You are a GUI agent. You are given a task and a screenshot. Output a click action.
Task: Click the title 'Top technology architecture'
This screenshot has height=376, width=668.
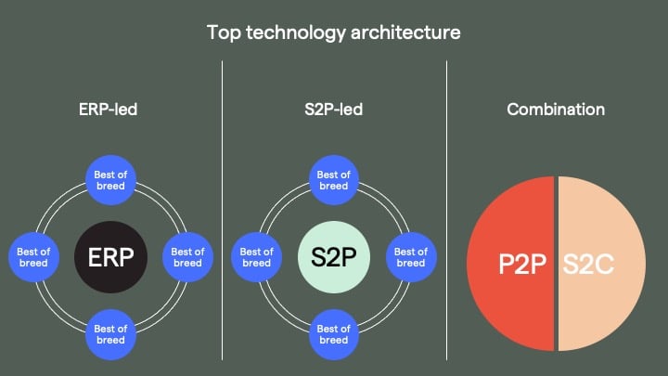334,32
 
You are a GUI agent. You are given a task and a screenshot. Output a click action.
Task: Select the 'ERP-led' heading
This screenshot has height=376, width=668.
109,110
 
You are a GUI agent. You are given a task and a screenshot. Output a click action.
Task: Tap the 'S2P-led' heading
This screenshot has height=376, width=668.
334,110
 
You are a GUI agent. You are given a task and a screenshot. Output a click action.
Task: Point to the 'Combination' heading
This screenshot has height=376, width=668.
556,110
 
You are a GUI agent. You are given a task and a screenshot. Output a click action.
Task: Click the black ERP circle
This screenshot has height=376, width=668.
110,257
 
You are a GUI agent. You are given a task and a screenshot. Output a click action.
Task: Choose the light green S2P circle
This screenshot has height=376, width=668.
334,257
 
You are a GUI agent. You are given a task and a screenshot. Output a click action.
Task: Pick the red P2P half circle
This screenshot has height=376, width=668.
510,264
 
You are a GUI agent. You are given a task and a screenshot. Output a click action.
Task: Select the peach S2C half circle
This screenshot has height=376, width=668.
601,264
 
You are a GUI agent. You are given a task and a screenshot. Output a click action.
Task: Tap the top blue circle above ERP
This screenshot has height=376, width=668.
110,180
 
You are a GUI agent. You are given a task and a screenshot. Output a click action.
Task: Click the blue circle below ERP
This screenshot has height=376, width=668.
110,334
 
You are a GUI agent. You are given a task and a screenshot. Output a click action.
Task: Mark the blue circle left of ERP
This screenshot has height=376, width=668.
33,257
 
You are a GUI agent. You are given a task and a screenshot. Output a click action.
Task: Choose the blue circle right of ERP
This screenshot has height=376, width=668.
187,257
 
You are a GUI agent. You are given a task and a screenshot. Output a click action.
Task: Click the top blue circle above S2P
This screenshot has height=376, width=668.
334,180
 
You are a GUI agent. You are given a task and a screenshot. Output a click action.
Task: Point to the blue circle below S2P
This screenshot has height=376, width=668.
334,334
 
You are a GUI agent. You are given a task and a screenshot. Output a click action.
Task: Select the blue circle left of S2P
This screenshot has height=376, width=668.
256,257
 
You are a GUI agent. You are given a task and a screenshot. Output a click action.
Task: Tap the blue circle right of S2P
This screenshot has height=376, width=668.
411,257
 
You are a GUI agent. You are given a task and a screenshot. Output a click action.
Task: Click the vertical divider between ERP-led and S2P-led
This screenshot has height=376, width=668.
222,210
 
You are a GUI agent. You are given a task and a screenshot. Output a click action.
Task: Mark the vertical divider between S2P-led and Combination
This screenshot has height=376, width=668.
446,210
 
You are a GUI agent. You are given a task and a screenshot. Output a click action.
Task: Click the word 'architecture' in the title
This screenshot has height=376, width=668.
405,32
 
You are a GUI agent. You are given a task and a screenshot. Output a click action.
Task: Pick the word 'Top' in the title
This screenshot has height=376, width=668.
224,33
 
